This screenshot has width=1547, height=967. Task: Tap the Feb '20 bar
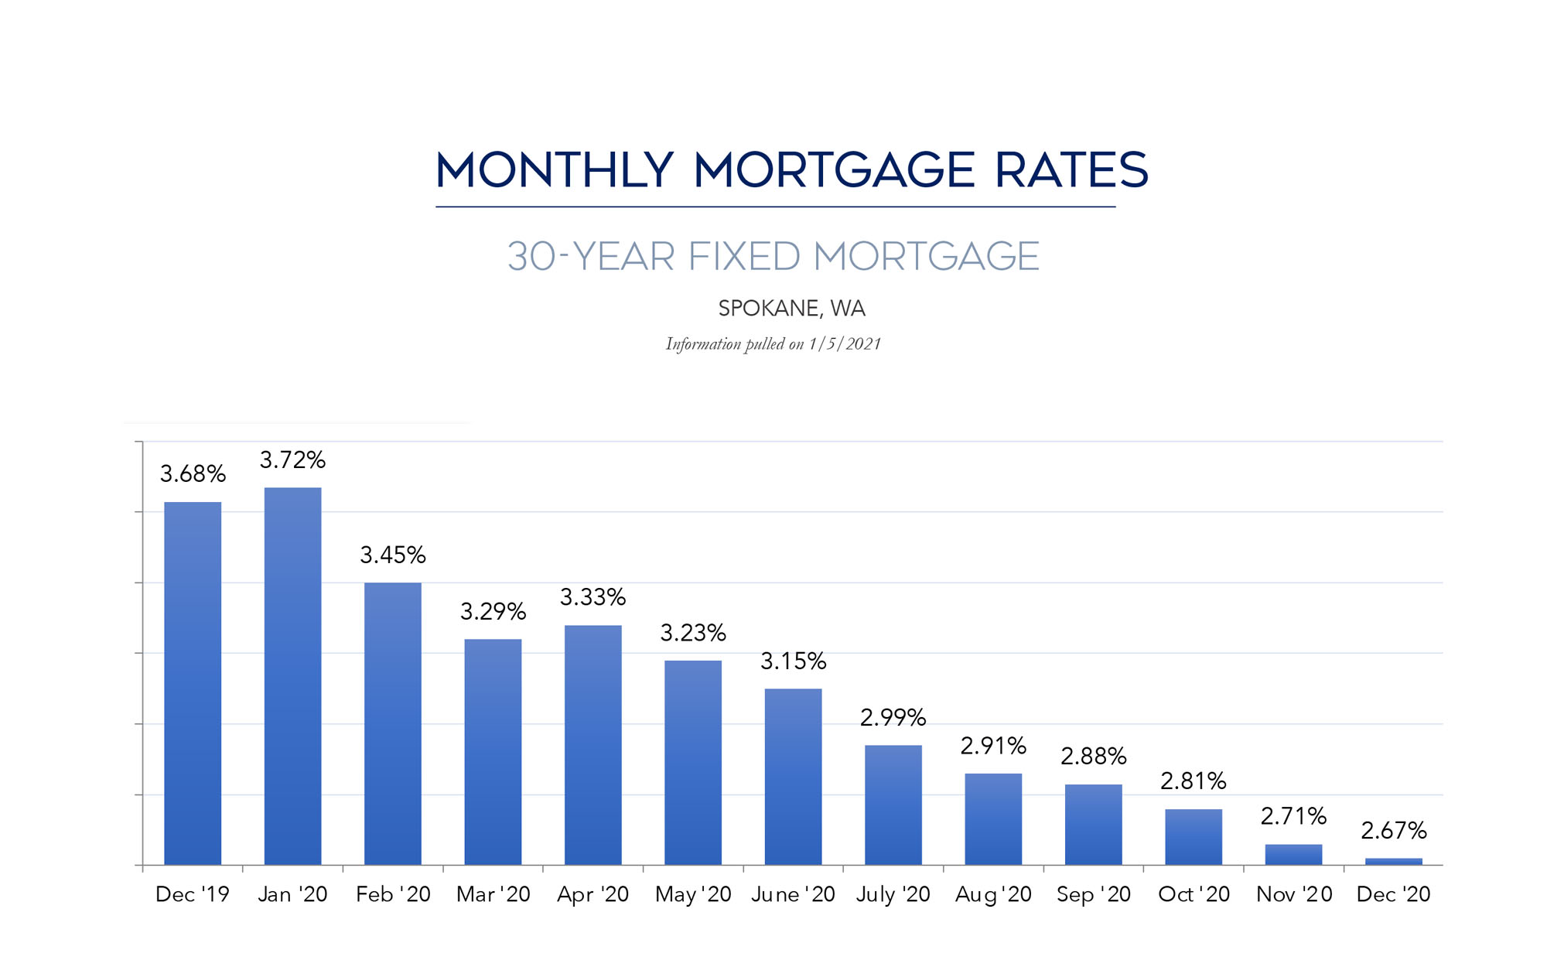click(393, 723)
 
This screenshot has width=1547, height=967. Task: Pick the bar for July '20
click(893, 805)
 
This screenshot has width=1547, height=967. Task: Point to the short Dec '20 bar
click(1393, 861)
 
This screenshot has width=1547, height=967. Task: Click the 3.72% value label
click(292, 460)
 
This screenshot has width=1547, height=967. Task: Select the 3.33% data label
click(593, 597)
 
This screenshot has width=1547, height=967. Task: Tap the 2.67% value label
click(1393, 831)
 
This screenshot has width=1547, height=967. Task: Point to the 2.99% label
click(893, 718)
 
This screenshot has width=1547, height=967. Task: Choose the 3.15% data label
click(793, 661)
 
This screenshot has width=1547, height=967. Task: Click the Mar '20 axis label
click(493, 894)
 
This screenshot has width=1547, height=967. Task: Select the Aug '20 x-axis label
click(993, 894)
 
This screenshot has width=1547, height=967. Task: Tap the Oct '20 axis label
click(1194, 894)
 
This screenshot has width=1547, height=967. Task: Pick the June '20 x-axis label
click(793, 894)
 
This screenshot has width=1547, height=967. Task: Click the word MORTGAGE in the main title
click(834, 170)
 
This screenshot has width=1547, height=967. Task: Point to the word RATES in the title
click(1071, 170)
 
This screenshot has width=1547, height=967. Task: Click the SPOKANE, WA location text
click(791, 309)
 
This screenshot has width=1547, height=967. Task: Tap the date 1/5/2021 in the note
click(845, 344)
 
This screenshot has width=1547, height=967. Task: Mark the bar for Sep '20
click(1093, 825)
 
